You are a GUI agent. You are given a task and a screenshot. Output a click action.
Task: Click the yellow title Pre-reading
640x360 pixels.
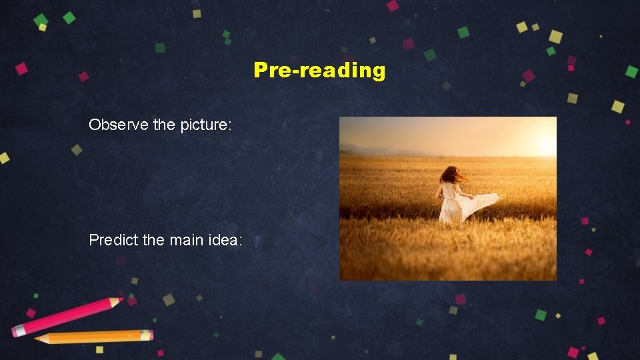[x=319, y=70]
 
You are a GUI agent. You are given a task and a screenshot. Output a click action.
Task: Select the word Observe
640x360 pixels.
[x=111, y=125]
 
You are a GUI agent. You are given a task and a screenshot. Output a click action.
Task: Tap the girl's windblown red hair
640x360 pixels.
[x=452, y=175]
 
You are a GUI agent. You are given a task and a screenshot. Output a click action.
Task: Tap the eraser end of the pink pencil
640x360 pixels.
[x=17, y=330]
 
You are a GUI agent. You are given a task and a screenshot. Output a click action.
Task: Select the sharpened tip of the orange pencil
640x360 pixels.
[x=37, y=339]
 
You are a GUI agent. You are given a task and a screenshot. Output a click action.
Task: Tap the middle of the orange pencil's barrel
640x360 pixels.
[x=93, y=337]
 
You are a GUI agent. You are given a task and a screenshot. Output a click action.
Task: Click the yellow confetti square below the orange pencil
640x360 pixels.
[x=99, y=349]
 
